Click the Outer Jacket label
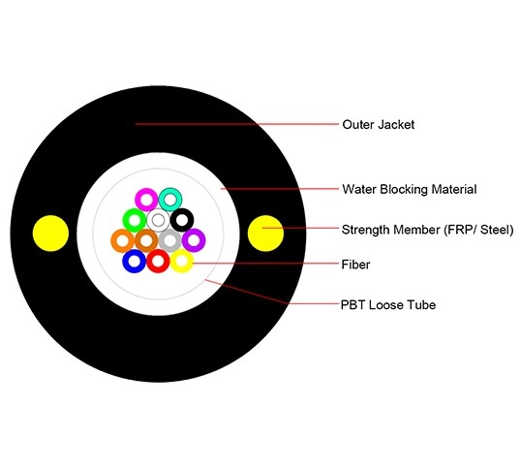378,124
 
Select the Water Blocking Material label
409,189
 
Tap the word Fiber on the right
355,264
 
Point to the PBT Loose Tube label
388,304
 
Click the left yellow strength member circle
50,233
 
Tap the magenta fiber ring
146,200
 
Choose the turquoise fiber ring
170,199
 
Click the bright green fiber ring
135,220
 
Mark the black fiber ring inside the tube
181,220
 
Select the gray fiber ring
169,239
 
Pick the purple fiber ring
194,239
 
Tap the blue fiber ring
135,261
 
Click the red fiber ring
158,261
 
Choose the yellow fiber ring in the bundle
181,261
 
